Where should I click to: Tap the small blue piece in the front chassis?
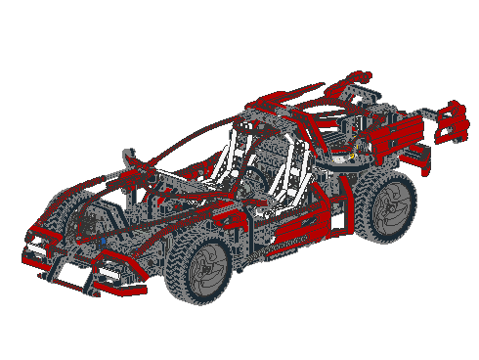pos(102,235)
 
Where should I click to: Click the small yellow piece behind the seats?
pos(341,154)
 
